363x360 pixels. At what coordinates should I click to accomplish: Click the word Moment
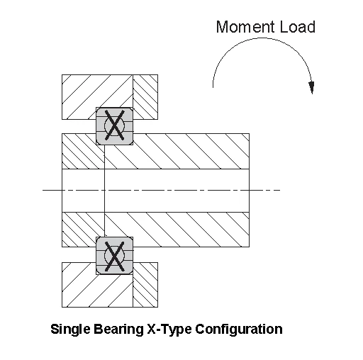click(x=245, y=27)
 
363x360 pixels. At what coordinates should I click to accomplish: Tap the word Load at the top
click(x=297, y=27)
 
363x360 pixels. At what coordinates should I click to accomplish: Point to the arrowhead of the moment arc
click(x=312, y=88)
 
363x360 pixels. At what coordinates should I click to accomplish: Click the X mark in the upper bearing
click(x=115, y=125)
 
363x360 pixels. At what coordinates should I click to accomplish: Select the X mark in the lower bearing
click(x=115, y=256)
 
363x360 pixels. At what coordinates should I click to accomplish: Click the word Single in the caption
click(x=70, y=330)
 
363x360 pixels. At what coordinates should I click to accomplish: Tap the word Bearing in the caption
click(x=118, y=330)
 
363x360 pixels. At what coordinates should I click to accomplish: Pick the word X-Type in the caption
click(x=169, y=330)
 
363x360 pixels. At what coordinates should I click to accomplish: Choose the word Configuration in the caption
click(x=239, y=330)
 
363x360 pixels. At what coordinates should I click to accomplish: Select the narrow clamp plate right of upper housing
click(x=145, y=97)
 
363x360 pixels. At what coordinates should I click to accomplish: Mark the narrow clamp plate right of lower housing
click(x=145, y=285)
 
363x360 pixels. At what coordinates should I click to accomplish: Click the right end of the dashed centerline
click(x=280, y=190)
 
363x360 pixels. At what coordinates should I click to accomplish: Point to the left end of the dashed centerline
click(x=43, y=190)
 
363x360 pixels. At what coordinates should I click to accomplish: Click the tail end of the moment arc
click(x=213, y=87)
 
